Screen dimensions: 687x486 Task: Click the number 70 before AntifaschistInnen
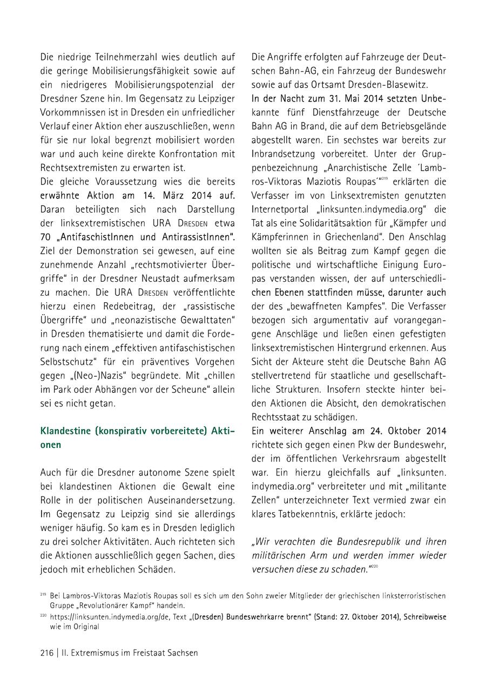46,237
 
